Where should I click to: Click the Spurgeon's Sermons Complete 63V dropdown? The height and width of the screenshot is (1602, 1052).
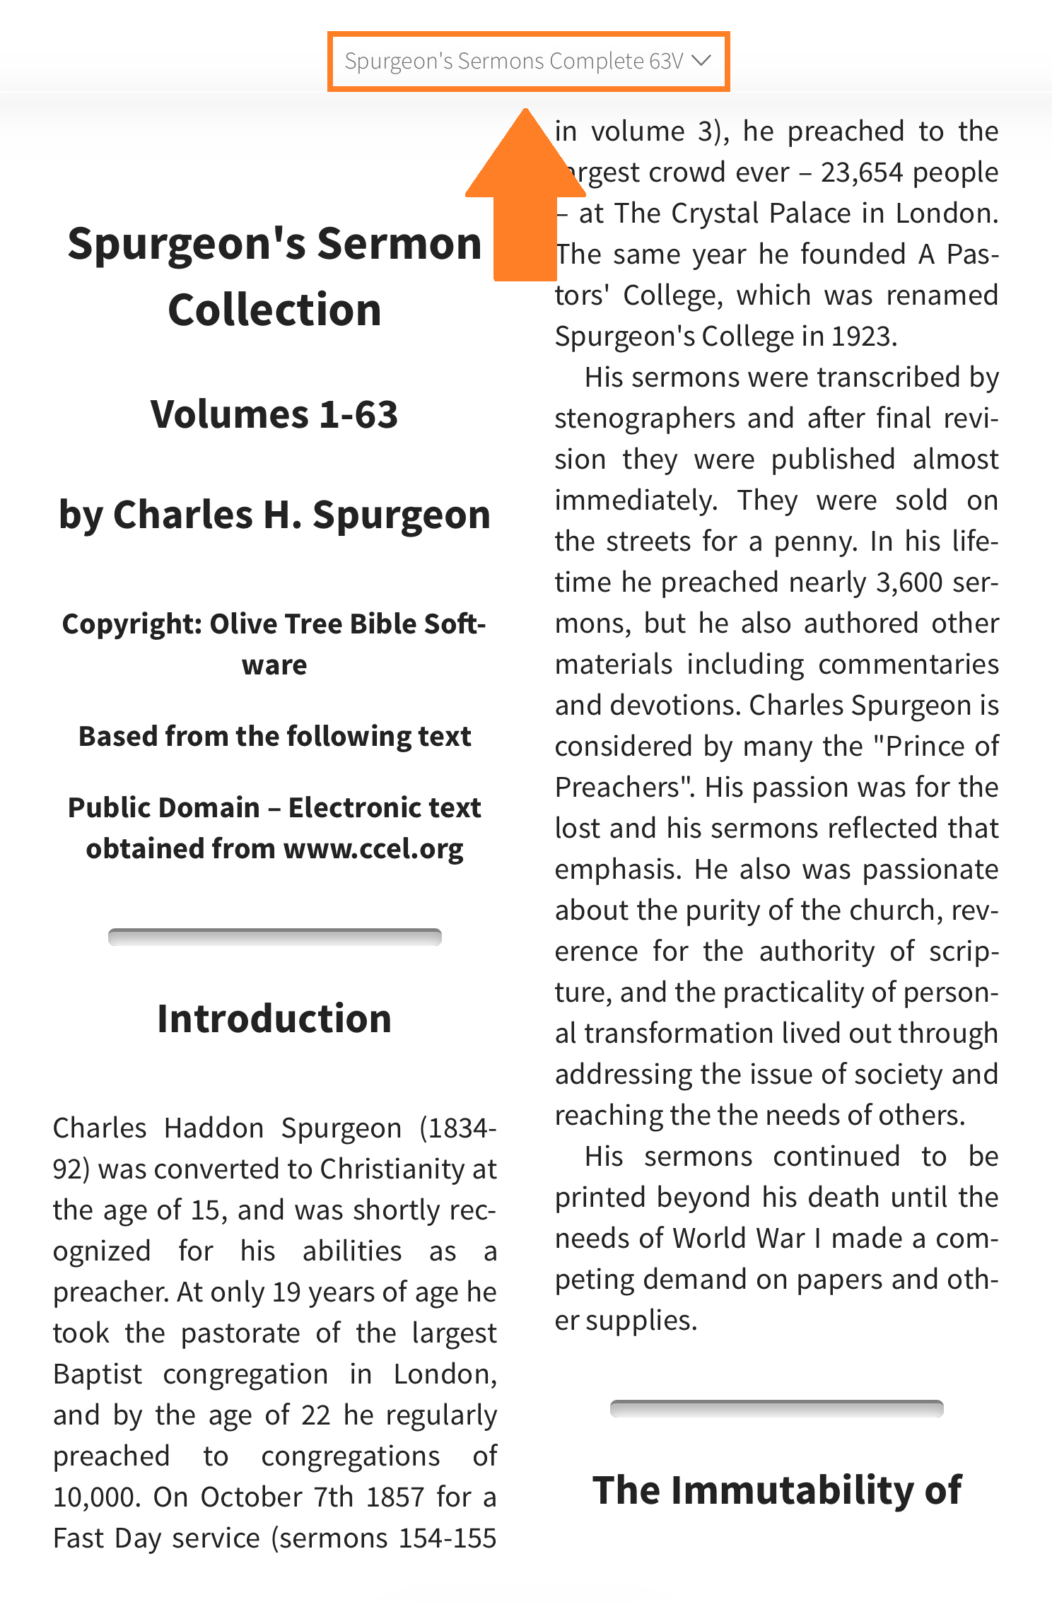(x=514, y=62)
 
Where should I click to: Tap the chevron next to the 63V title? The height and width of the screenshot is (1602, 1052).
(x=701, y=61)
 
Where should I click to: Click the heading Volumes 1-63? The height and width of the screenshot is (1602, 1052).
(x=274, y=414)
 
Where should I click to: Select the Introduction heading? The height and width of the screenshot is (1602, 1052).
(x=274, y=1019)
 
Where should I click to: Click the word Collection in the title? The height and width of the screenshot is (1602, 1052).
(x=274, y=310)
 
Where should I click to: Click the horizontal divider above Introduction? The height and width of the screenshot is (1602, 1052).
(x=274, y=937)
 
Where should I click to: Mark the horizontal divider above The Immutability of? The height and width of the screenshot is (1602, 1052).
(x=776, y=1408)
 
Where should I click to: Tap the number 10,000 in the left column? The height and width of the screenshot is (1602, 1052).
(x=96, y=1497)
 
